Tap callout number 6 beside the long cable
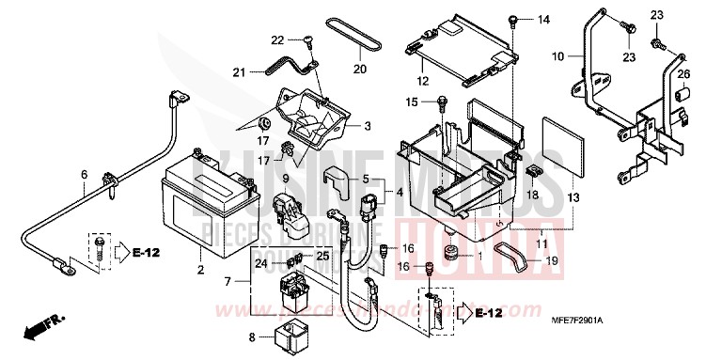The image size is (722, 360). tap(84, 174)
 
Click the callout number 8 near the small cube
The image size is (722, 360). tap(252, 336)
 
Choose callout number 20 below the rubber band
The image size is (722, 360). tap(359, 69)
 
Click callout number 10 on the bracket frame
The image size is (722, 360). tap(557, 57)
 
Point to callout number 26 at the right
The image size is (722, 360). tap(683, 75)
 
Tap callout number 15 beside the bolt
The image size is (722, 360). tap(411, 102)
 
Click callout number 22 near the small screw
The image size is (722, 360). tap(277, 39)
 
